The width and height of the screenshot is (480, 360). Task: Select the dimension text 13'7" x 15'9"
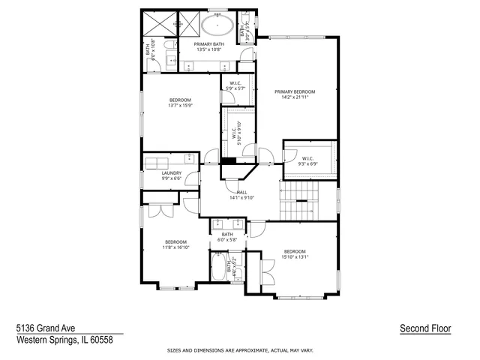click(x=180, y=106)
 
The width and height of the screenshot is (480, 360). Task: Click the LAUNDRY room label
click(x=171, y=172)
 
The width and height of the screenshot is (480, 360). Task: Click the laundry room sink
click(x=190, y=160)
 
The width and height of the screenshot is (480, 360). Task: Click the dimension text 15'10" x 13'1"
click(x=294, y=256)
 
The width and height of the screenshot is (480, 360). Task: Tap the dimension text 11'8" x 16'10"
click(x=176, y=247)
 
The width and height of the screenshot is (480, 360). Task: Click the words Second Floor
click(x=425, y=328)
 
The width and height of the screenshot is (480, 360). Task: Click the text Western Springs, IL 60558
click(x=64, y=338)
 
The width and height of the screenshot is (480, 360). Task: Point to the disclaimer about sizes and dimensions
click(x=240, y=350)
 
